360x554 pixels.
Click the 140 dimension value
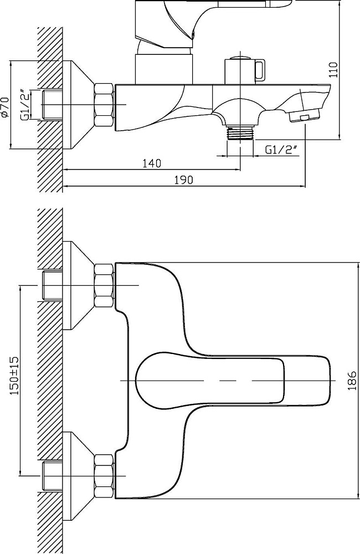point(152,163)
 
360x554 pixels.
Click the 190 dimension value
point(184,180)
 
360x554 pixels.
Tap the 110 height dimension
point(333,70)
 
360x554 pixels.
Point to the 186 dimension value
point(352,381)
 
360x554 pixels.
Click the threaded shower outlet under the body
point(240,133)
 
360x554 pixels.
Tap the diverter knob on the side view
point(244,70)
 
